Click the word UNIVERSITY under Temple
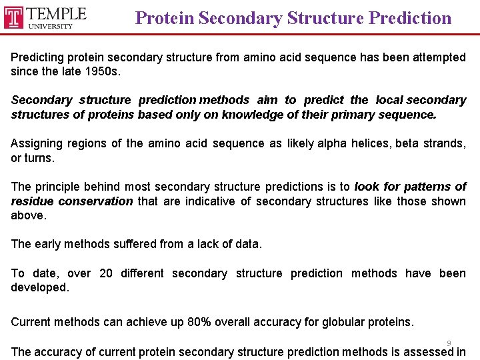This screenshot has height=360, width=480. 51,26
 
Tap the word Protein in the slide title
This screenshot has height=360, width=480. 165,18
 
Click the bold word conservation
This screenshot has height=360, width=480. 95,201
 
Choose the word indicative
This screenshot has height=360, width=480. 214,201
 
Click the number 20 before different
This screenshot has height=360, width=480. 105,273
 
